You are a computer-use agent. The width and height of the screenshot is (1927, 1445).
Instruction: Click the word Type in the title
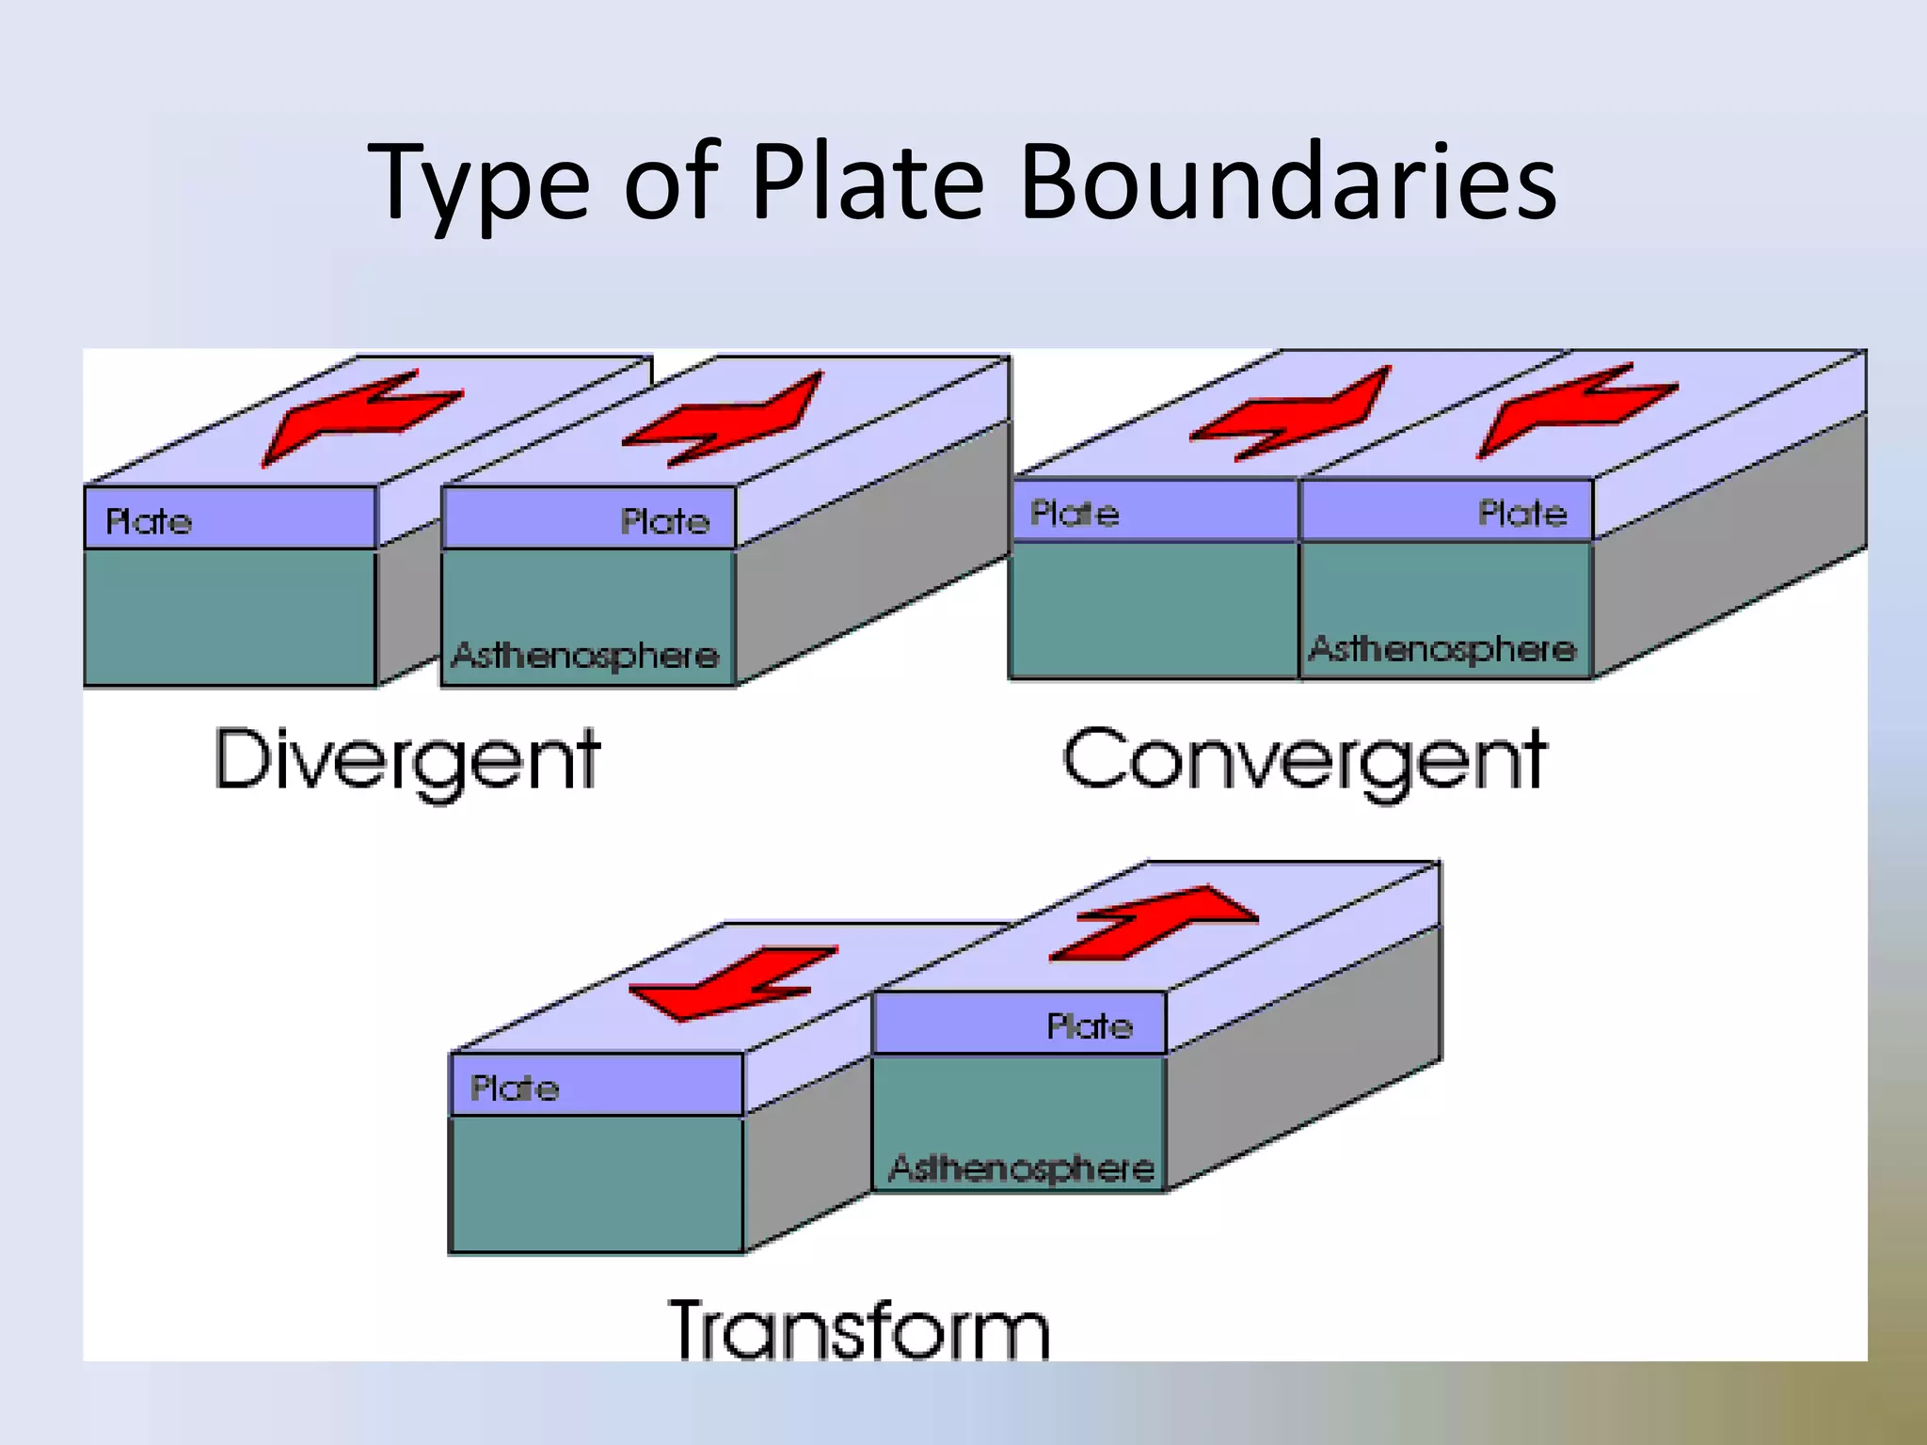[480, 183]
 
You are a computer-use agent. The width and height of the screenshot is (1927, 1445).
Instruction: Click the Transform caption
[858, 1328]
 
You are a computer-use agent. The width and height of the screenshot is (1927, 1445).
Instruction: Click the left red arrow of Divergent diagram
[358, 414]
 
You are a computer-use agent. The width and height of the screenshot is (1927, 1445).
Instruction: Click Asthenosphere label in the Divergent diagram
[585, 655]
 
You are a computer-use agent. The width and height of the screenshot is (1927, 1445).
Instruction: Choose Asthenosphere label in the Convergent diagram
[1442, 648]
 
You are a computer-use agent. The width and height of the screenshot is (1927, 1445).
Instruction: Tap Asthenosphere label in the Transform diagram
[1022, 1167]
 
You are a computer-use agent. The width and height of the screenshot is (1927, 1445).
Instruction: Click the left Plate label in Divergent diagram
[149, 521]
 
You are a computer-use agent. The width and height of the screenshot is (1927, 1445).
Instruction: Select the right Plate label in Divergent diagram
[665, 521]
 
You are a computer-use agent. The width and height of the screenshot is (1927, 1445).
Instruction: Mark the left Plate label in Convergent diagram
[1075, 514]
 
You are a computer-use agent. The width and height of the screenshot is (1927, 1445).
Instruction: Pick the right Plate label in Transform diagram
[1090, 1025]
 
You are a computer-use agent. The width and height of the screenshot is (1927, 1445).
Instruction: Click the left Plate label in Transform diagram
[515, 1088]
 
